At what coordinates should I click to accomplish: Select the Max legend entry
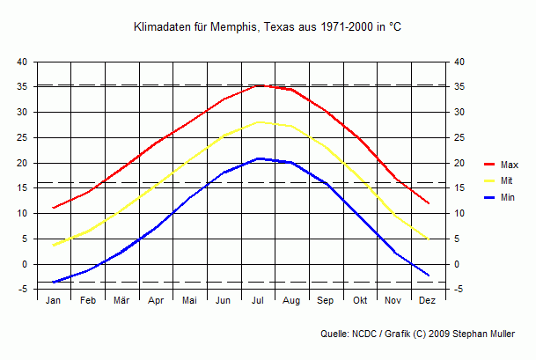[x=509, y=165]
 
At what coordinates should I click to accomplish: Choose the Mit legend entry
[x=506, y=181]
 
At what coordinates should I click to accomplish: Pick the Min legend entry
[x=507, y=198]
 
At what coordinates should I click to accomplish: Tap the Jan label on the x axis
[x=54, y=300]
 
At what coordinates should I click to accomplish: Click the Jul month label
[x=258, y=300]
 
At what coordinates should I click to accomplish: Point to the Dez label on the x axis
[x=428, y=300]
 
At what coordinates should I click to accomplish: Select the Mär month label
[x=121, y=300]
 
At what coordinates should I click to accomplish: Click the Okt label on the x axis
[x=360, y=300]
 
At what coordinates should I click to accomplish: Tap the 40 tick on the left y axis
[x=22, y=62]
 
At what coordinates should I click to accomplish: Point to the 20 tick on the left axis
[x=22, y=163]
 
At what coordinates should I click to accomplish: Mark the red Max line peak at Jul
[x=258, y=85]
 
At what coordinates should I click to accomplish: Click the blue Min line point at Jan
[x=54, y=282]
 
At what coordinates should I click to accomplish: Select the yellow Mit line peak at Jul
[x=258, y=121]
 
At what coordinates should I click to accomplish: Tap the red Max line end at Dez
[x=429, y=203]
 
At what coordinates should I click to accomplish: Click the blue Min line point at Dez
[x=429, y=276]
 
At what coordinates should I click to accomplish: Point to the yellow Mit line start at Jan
[x=54, y=245]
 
